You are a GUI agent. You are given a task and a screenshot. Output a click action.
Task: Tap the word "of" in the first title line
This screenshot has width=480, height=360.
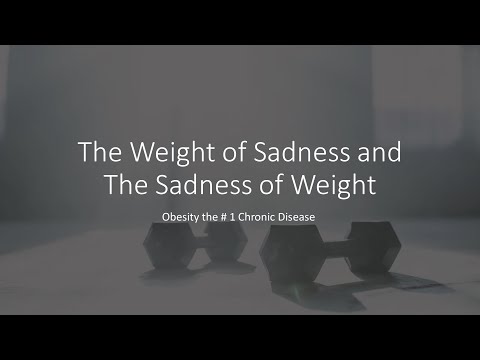pos(214,156)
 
